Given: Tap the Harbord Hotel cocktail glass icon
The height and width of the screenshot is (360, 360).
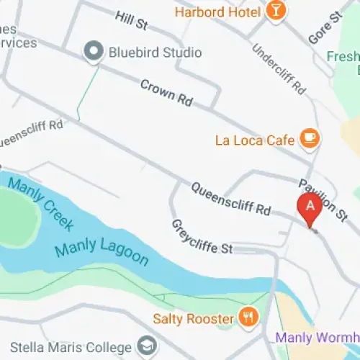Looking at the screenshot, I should point(275,10).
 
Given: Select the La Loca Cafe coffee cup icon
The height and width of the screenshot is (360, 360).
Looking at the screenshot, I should point(310,138).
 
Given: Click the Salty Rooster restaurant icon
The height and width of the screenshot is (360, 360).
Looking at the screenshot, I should point(248,318).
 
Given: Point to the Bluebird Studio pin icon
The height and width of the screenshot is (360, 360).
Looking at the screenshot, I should point(93,52).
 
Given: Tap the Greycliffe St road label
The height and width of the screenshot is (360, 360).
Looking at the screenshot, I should point(202,238).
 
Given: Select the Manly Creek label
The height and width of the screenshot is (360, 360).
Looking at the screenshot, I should point(40,204).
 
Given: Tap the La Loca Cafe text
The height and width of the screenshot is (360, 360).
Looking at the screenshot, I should point(255,140).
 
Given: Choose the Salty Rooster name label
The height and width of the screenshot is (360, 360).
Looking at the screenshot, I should point(194,318).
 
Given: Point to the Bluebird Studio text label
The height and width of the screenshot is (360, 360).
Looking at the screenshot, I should point(154,53).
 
